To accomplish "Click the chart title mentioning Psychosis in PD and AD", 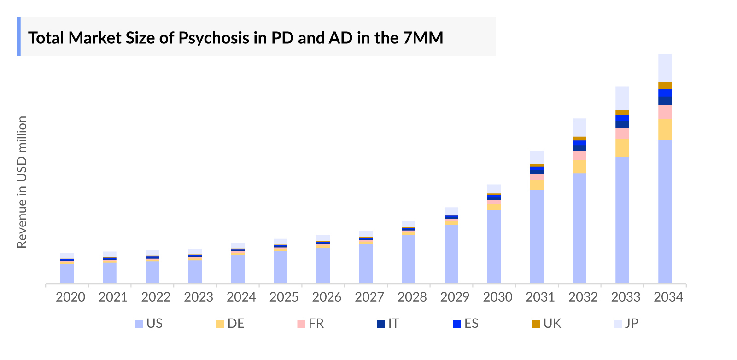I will (235, 38).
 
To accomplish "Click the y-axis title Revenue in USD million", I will (22, 182).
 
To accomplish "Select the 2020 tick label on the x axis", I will (70, 297).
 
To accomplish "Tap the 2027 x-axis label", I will (369, 297).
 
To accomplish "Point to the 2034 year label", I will (668, 297).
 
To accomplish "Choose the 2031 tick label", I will (540, 297).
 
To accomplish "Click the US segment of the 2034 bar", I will (665, 212).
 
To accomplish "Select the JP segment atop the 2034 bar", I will (665, 68).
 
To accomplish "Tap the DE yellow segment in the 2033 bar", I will (622, 148).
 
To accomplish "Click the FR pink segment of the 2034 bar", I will (665, 112).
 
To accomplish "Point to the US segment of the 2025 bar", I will (280, 267).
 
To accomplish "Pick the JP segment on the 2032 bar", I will (579, 128).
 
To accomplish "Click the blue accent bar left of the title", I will (18, 36).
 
